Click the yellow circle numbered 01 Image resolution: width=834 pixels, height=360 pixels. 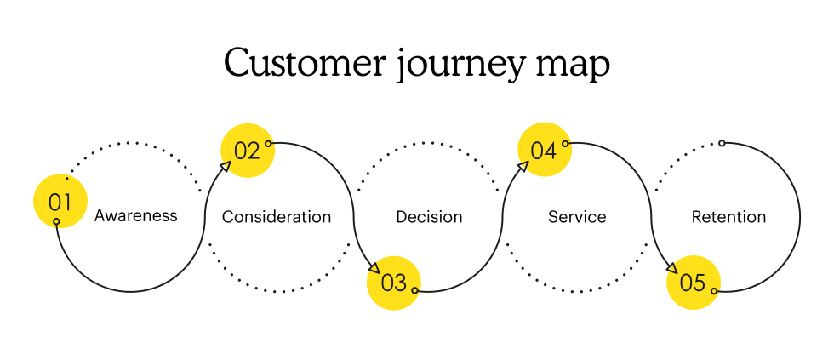60,201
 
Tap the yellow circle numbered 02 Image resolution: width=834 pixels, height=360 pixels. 248,151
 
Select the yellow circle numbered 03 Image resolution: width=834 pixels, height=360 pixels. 393,283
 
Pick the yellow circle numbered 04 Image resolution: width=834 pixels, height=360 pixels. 545,150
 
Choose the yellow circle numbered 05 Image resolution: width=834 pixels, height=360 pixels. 694,283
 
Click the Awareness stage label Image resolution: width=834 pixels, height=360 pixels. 135,216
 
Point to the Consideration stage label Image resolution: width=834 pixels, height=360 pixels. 277,217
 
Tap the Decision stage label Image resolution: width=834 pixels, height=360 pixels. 429,217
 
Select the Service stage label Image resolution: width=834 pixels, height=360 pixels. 577,217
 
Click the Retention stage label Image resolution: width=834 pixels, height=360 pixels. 728,217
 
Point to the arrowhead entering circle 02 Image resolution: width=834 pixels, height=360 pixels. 226,167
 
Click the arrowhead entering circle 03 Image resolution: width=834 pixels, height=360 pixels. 373,267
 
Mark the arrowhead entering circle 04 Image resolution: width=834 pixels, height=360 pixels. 523,167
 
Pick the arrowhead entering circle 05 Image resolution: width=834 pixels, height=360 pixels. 671,267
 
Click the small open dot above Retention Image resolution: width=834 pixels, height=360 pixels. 722,143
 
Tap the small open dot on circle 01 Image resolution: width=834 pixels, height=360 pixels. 56,221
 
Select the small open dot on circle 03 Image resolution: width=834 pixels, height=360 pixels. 415,290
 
